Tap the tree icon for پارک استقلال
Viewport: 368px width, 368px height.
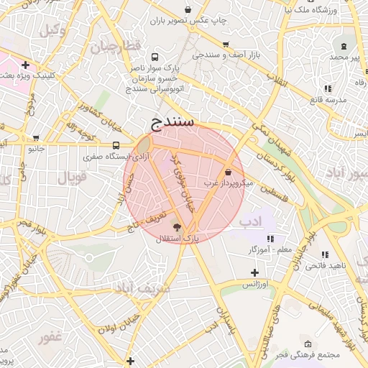tap(178, 226)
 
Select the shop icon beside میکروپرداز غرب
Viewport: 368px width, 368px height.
tap(228, 172)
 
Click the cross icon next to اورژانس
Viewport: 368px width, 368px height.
tap(254, 272)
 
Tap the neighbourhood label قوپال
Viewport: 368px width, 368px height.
tap(71, 176)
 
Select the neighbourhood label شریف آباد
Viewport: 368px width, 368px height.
tap(142, 288)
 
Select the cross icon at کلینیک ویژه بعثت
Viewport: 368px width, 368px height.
tap(25, 65)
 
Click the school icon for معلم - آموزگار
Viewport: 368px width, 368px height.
tap(270, 239)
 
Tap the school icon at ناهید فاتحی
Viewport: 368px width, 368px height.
tap(325, 254)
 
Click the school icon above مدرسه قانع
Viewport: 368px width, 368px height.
tap(328, 88)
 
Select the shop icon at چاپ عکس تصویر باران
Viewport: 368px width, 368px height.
tap(188, 9)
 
